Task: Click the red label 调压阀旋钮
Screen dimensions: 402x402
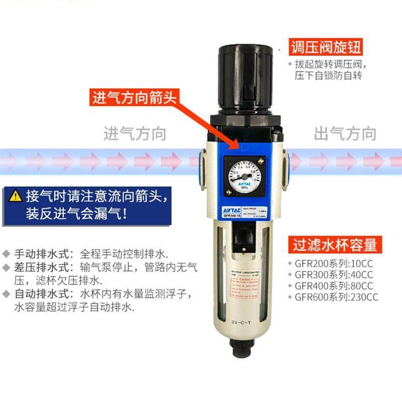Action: [x=326, y=48]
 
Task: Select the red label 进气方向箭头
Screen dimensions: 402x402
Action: [x=134, y=97]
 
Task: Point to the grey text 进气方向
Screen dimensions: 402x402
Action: [x=135, y=134]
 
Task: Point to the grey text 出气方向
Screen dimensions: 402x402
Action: [x=345, y=134]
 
